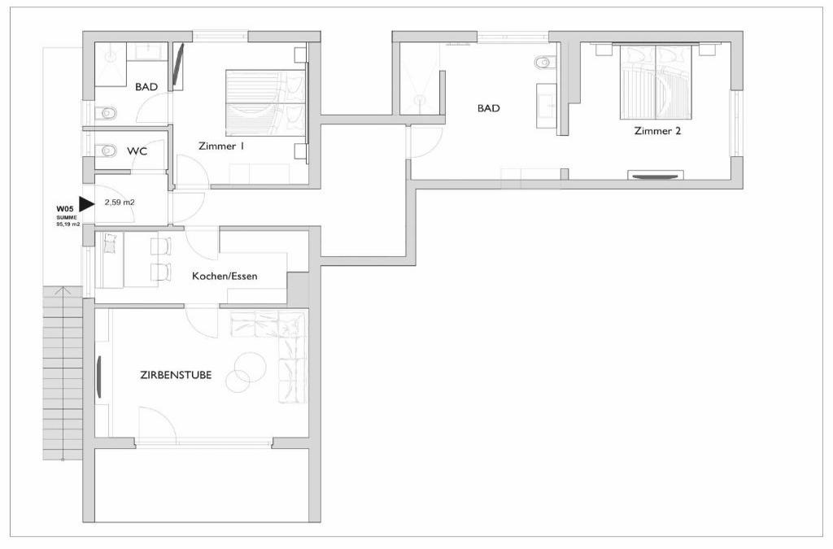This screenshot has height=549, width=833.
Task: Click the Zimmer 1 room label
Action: pyautogui.click(x=221, y=146)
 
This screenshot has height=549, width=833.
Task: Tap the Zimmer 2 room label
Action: pyautogui.click(x=657, y=131)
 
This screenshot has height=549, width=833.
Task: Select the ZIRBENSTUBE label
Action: pyautogui.click(x=176, y=375)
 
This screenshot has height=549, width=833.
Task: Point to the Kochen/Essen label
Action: pyautogui.click(x=225, y=276)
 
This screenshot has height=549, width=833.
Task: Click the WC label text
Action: pyautogui.click(x=137, y=151)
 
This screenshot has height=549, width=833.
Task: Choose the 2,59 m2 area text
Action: pyautogui.click(x=120, y=203)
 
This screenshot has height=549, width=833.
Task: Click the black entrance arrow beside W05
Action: pyautogui.click(x=86, y=203)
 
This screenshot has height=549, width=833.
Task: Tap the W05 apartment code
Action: pyautogui.click(x=64, y=209)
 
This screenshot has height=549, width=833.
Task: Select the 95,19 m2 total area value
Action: pyautogui.click(x=68, y=224)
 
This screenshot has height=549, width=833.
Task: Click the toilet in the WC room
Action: pyautogui.click(x=107, y=150)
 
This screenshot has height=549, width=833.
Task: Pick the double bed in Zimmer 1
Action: pyautogui.click(x=266, y=100)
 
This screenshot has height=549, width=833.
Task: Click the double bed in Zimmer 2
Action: pyautogui.click(x=656, y=82)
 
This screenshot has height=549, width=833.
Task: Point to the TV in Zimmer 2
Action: pyautogui.click(x=656, y=175)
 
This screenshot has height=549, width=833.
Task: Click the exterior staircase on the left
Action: pyautogui.click(x=63, y=373)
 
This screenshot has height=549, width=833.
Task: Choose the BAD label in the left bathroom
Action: pyautogui.click(x=146, y=86)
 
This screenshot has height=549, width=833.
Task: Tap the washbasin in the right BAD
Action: pyautogui.click(x=547, y=105)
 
